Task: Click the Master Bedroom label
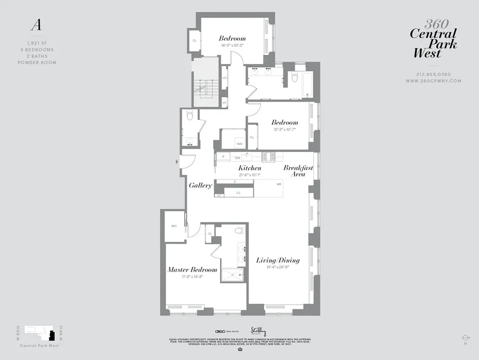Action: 192,270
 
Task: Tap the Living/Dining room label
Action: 278,260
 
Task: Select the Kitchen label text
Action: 249,168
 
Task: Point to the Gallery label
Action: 200,185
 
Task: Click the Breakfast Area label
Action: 298,171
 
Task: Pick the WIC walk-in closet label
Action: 174,226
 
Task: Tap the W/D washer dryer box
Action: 239,143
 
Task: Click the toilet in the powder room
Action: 190,116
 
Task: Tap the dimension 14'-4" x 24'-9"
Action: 278,267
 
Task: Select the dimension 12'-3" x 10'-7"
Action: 284,130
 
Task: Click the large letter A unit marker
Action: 36,26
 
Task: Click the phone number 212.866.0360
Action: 433,75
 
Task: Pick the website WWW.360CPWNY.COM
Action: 433,81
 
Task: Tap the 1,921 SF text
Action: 37,43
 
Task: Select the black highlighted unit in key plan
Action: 52,336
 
